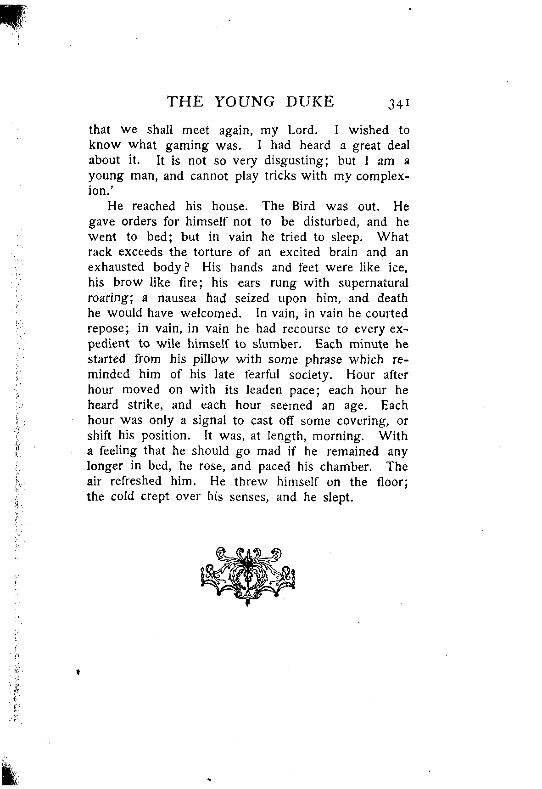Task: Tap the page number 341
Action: [x=398, y=103]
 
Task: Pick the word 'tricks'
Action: [x=280, y=176]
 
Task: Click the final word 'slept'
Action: [x=338, y=497]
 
